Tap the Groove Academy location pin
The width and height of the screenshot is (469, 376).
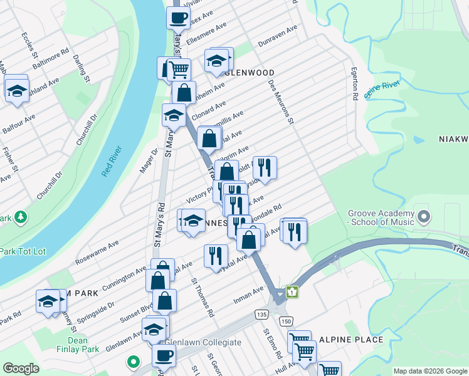pyautogui.click(x=424, y=217)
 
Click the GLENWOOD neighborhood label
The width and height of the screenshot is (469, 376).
pyautogui.click(x=250, y=73)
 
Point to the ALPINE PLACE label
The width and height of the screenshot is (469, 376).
pyautogui.click(x=350, y=340)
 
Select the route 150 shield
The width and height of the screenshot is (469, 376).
pyautogui.click(x=286, y=321)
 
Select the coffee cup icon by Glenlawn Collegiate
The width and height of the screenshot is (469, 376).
pyautogui.click(x=164, y=355)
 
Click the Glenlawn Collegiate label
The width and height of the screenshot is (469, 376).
pyautogui.click(x=202, y=342)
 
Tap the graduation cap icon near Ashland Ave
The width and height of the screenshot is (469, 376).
pyautogui.click(x=18, y=90)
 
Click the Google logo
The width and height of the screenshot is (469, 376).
pyautogui.click(x=21, y=368)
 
